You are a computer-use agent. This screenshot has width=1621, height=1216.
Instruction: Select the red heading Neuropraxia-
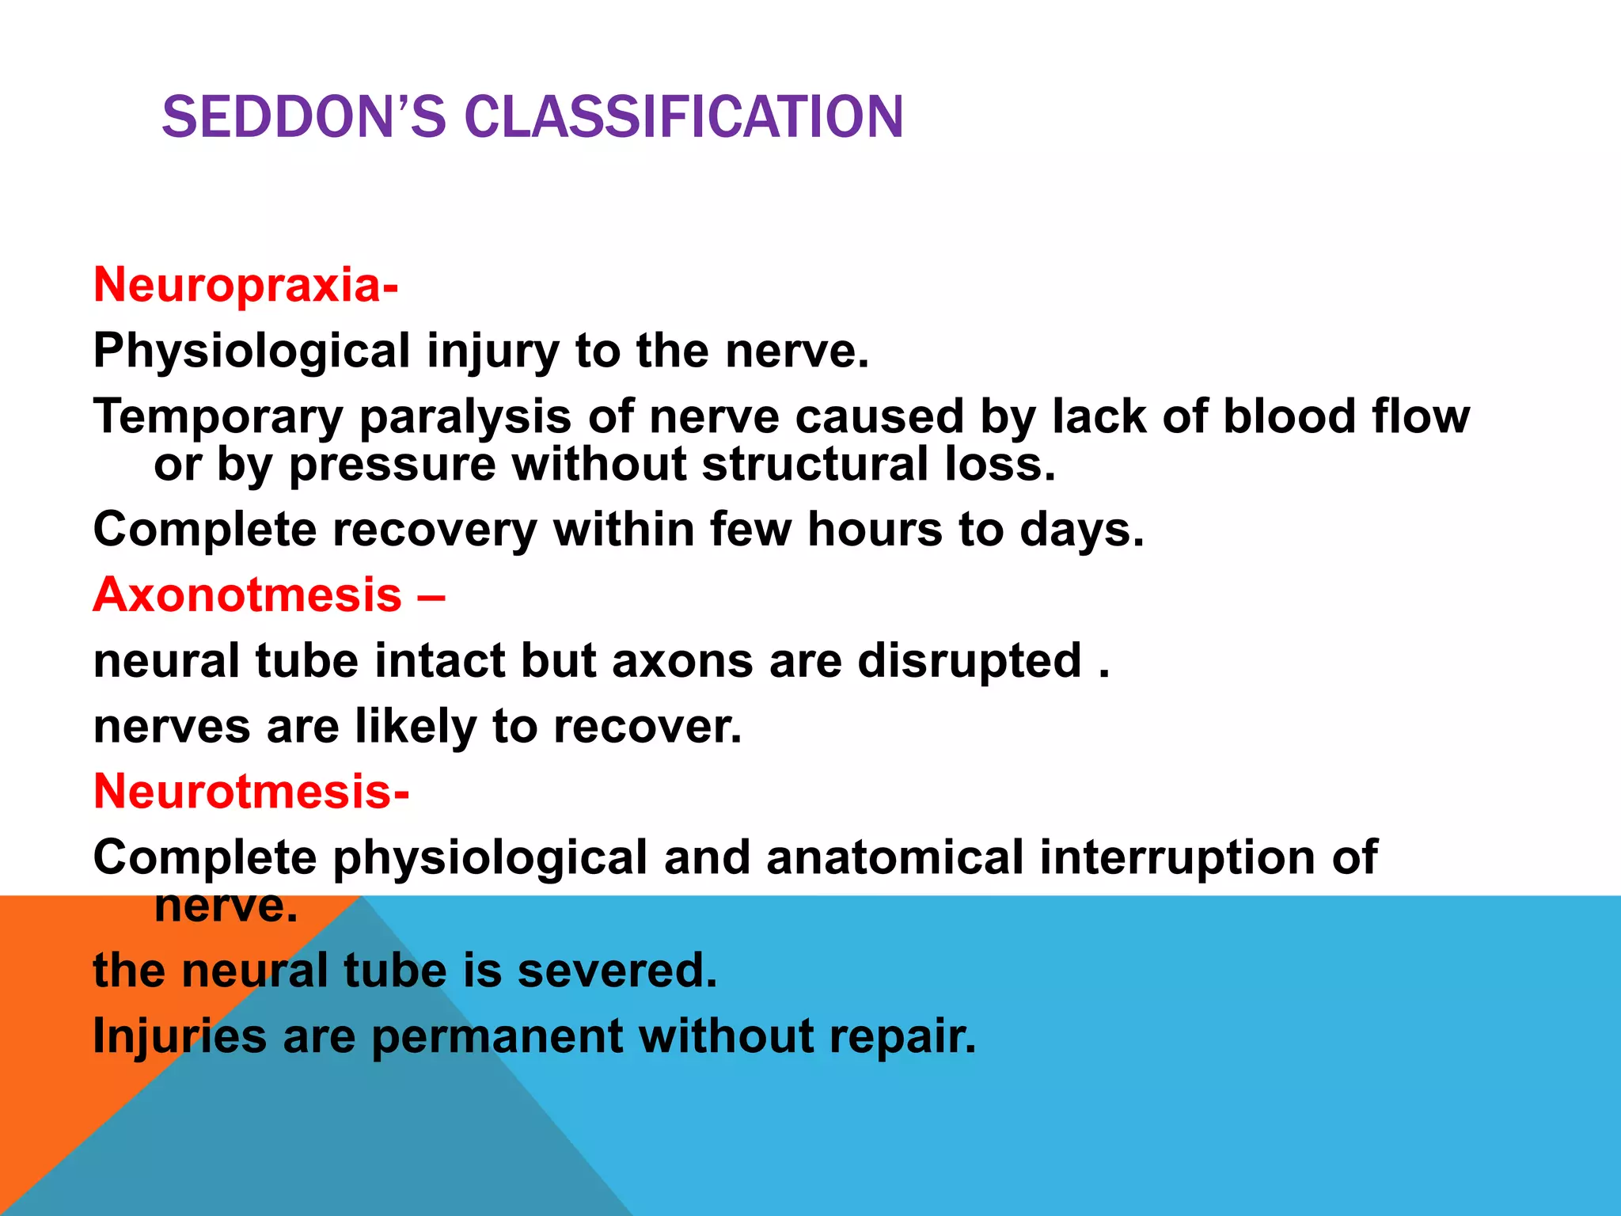(x=246, y=285)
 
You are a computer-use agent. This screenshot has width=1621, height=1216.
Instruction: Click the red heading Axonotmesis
(x=248, y=595)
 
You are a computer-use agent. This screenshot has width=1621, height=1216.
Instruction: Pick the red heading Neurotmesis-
(x=252, y=791)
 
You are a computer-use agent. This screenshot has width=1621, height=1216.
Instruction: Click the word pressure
(x=392, y=465)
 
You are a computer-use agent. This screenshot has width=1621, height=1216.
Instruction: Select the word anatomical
(x=895, y=857)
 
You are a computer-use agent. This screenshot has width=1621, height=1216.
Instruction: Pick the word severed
(x=617, y=971)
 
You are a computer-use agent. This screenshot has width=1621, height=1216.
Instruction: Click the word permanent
(x=497, y=1038)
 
